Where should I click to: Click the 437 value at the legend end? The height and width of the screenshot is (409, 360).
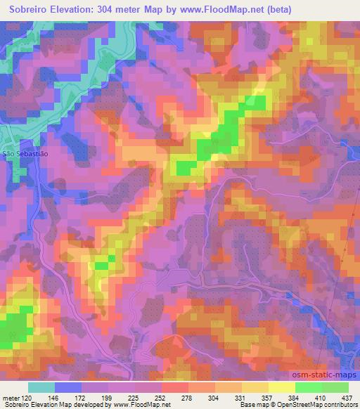coord(346,397)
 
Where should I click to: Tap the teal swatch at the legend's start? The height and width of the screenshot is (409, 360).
coord(41,387)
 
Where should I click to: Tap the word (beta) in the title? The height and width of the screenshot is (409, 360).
coord(278,9)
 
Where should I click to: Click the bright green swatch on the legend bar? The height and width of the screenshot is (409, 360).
coord(309,387)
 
